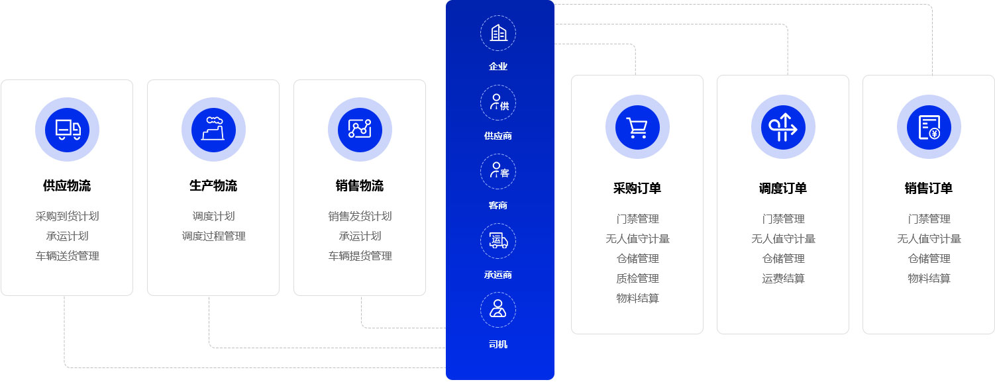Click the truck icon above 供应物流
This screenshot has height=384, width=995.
coord(67,129)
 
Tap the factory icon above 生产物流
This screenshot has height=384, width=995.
coord(213,129)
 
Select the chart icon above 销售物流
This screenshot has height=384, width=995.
coord(360,129)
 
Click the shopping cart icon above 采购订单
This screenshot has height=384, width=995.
coord(637,126)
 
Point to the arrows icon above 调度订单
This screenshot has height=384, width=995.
coord(783,126)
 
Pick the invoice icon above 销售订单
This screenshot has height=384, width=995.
coord(929,126)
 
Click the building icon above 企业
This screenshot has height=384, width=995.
coord(498,33)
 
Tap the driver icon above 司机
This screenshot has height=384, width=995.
coord(498,310)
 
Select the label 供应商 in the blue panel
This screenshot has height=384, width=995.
coord(498,136)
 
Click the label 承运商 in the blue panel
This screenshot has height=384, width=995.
coord(498,275)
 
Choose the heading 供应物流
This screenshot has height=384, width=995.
coord(67,185)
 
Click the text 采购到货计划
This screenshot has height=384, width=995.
coord(67,216)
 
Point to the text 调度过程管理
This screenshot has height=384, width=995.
coord(213,236)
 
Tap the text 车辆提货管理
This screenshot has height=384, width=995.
coord(360,256)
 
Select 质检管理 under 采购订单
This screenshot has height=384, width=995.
coord(637,278)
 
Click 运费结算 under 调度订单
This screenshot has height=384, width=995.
coord(783,278)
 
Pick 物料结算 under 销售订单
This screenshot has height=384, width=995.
coord(929,278)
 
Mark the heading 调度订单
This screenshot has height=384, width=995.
coord(783,188)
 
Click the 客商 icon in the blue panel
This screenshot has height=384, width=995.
coord(498,171)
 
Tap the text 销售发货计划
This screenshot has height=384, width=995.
coord(360,216)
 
